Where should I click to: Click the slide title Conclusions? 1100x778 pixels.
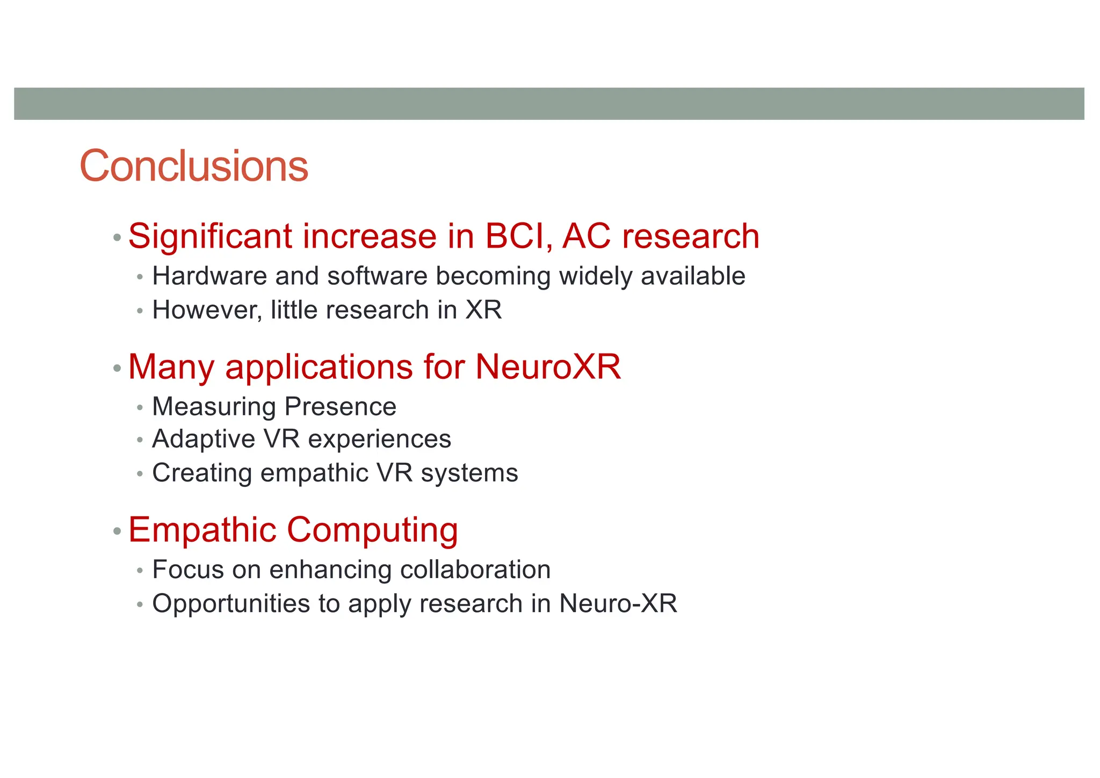194,166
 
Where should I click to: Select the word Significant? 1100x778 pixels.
211,236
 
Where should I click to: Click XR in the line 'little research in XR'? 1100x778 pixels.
484,310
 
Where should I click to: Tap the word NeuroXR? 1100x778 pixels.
548,367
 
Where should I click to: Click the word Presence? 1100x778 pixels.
341,407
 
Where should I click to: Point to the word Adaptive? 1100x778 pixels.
204,440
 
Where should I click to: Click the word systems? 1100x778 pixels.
469,473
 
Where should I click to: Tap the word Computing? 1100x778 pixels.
372,530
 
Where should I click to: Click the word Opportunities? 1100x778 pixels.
231,604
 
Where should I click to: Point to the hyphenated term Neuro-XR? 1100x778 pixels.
618,603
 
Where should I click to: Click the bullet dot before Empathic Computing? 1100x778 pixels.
117,532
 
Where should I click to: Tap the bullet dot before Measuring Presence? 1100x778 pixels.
140,408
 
